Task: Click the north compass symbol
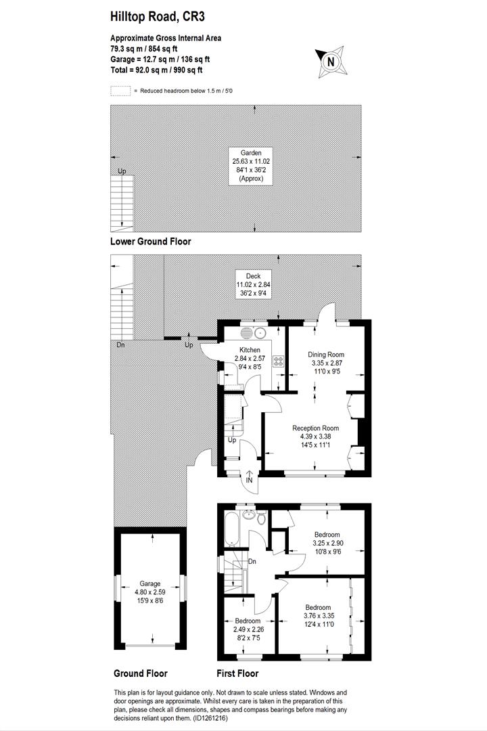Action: click(330, 62)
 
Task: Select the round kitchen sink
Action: click(260, 332)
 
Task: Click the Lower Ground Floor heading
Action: click(150, 242)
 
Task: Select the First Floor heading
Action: click(237, 673)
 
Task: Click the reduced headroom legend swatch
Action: click(120, 90)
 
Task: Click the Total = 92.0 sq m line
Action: click(156, 70)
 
